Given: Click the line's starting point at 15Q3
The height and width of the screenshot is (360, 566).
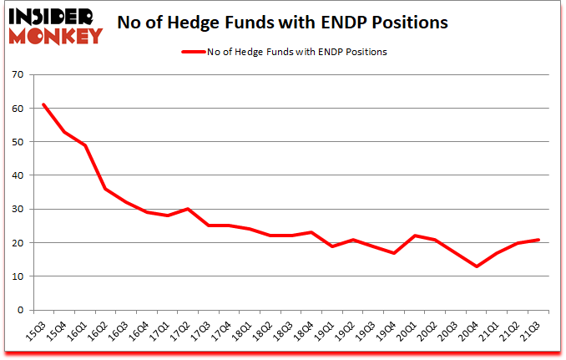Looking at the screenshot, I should (43, 104).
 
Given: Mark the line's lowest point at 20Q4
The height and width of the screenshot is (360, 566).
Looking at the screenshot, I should (477, 266).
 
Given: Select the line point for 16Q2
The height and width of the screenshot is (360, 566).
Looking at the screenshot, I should (105, 189).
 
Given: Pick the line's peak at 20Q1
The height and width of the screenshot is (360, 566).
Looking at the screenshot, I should (415, 236).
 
